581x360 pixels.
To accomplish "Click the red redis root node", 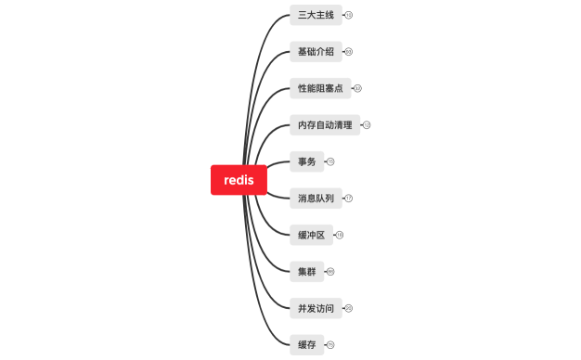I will [x=239, y=180].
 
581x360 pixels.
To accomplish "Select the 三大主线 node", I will [x=315, y=15].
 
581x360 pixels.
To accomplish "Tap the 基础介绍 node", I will [x=315, y=51].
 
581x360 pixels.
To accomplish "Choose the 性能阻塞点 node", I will [x=319, y=88].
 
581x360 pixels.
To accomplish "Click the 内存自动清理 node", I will [x=324, y=124].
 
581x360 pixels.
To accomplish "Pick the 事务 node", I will [x=306, y=161].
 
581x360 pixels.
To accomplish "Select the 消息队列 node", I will [x=315, y=198].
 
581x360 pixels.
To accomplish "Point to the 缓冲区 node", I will [x=311, y=235].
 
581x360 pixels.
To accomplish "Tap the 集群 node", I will [x=306, y=271].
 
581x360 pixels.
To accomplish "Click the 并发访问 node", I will [x=315, y=308].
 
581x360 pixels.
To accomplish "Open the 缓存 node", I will [x=306, y=344].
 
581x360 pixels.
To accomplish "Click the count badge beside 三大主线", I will [x=349, y=15].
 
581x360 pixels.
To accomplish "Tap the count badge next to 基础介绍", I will [x=349, y=51].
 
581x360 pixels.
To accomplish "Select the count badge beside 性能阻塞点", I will [x=357, y=88].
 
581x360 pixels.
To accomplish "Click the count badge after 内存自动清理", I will [x=367, y=124].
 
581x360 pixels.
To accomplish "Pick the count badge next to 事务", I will [x=330, y=161].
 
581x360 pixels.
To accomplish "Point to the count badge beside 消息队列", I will [x=349, y=198].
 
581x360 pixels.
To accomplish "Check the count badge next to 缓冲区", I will [x=340, y=235].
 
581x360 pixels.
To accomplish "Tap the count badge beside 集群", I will [x=330, y=271].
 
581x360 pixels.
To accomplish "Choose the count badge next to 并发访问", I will [x=349, y=308].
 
